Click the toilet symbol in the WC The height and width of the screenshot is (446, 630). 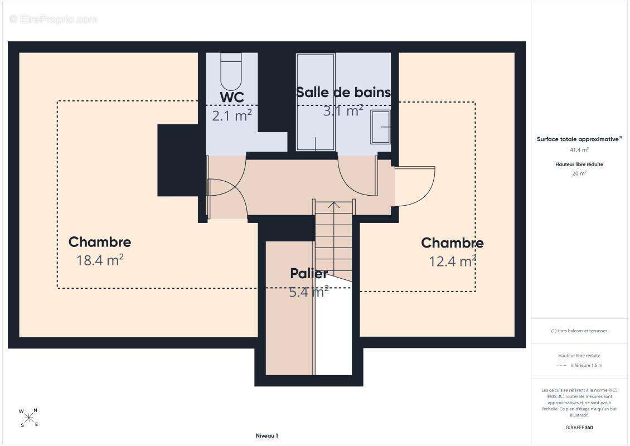(x=231, y=71)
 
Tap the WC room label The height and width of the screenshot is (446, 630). (x=232, y=97)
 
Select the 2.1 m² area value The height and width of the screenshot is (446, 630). (x=232, y=116)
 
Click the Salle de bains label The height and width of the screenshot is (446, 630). (x=343, y=93)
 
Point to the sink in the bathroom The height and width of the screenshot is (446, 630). (x=380, y=127)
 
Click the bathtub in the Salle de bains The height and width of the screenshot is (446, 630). (x=316, y=103)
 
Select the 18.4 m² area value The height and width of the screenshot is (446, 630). (x=100, y=260)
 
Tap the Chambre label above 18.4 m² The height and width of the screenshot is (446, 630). (x=100, y=242)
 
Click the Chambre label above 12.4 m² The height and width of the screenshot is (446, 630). (x=452, y=243)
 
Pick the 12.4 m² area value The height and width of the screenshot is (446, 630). (x=452, y=261)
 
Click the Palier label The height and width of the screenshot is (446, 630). (x=309, y=274)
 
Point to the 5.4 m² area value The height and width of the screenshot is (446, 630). (x=309, y=292)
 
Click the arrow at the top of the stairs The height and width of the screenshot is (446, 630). (x=334, y=205)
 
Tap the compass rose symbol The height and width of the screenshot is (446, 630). (x=29, y=418)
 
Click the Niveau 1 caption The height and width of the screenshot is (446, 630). (x=267, y=435)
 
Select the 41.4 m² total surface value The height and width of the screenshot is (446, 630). (x=579, y=150)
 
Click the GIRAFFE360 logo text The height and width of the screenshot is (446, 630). (x=579, y=428)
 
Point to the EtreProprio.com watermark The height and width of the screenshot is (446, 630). (x=54, y=20)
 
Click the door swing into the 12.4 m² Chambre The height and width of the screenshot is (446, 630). (x=415, y=186)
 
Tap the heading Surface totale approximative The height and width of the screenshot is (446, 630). (x=579, y=139)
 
